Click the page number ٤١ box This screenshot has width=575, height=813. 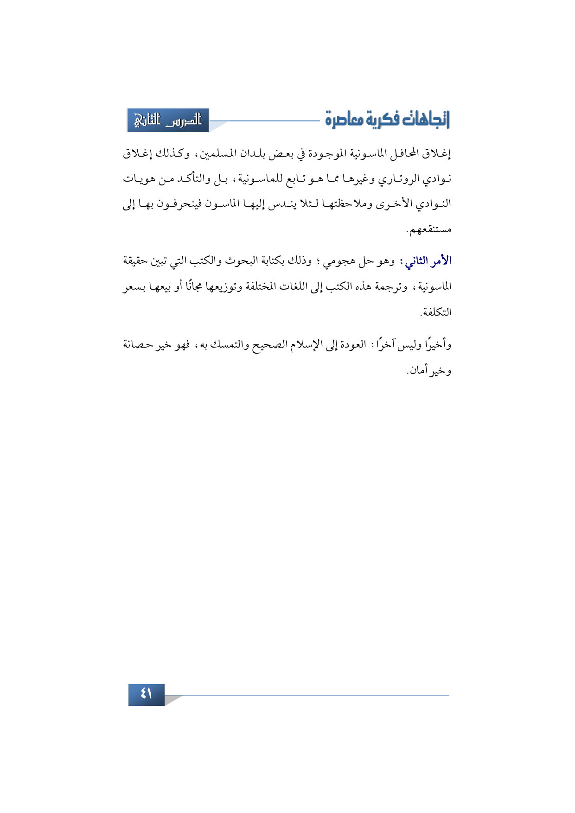146,694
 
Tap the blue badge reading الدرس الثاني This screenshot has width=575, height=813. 168,121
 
